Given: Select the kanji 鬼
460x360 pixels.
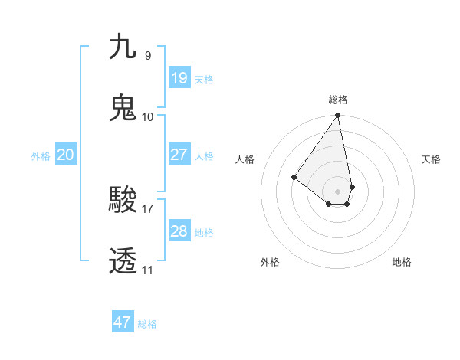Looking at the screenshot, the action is [x=123, y=107].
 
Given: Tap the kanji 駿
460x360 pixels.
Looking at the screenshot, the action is [x=123, y=201].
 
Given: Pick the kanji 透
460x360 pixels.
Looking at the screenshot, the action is [x=123, y=261].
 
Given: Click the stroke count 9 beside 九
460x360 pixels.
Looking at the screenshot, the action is [x=148, y=55].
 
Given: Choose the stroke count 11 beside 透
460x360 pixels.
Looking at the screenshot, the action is [x=148, y=270].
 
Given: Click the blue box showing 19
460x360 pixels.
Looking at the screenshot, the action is [x=179, y=78].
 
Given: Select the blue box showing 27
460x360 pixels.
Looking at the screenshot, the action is [x=179, y=155].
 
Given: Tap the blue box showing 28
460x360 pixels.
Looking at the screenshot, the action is [x=179, y=231].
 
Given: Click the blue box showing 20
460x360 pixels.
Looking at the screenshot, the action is [x=65, y=155].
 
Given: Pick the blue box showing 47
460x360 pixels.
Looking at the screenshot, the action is [x=123, y=322].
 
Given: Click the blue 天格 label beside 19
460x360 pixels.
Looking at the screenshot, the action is [x=204, y=80].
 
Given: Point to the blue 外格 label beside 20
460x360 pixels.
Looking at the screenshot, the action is [x=41, y=156].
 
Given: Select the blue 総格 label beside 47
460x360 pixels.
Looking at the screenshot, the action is [x=147, y=324].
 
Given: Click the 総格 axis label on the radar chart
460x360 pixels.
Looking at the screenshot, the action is [x=338, y=100].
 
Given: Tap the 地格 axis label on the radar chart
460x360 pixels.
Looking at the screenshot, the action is [x=402, y=262].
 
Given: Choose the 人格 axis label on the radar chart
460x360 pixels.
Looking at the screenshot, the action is [x=245, y=159].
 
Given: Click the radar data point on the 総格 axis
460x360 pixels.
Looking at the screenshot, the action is [x=338, y=116].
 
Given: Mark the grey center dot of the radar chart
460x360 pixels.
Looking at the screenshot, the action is [x=338, y=191].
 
